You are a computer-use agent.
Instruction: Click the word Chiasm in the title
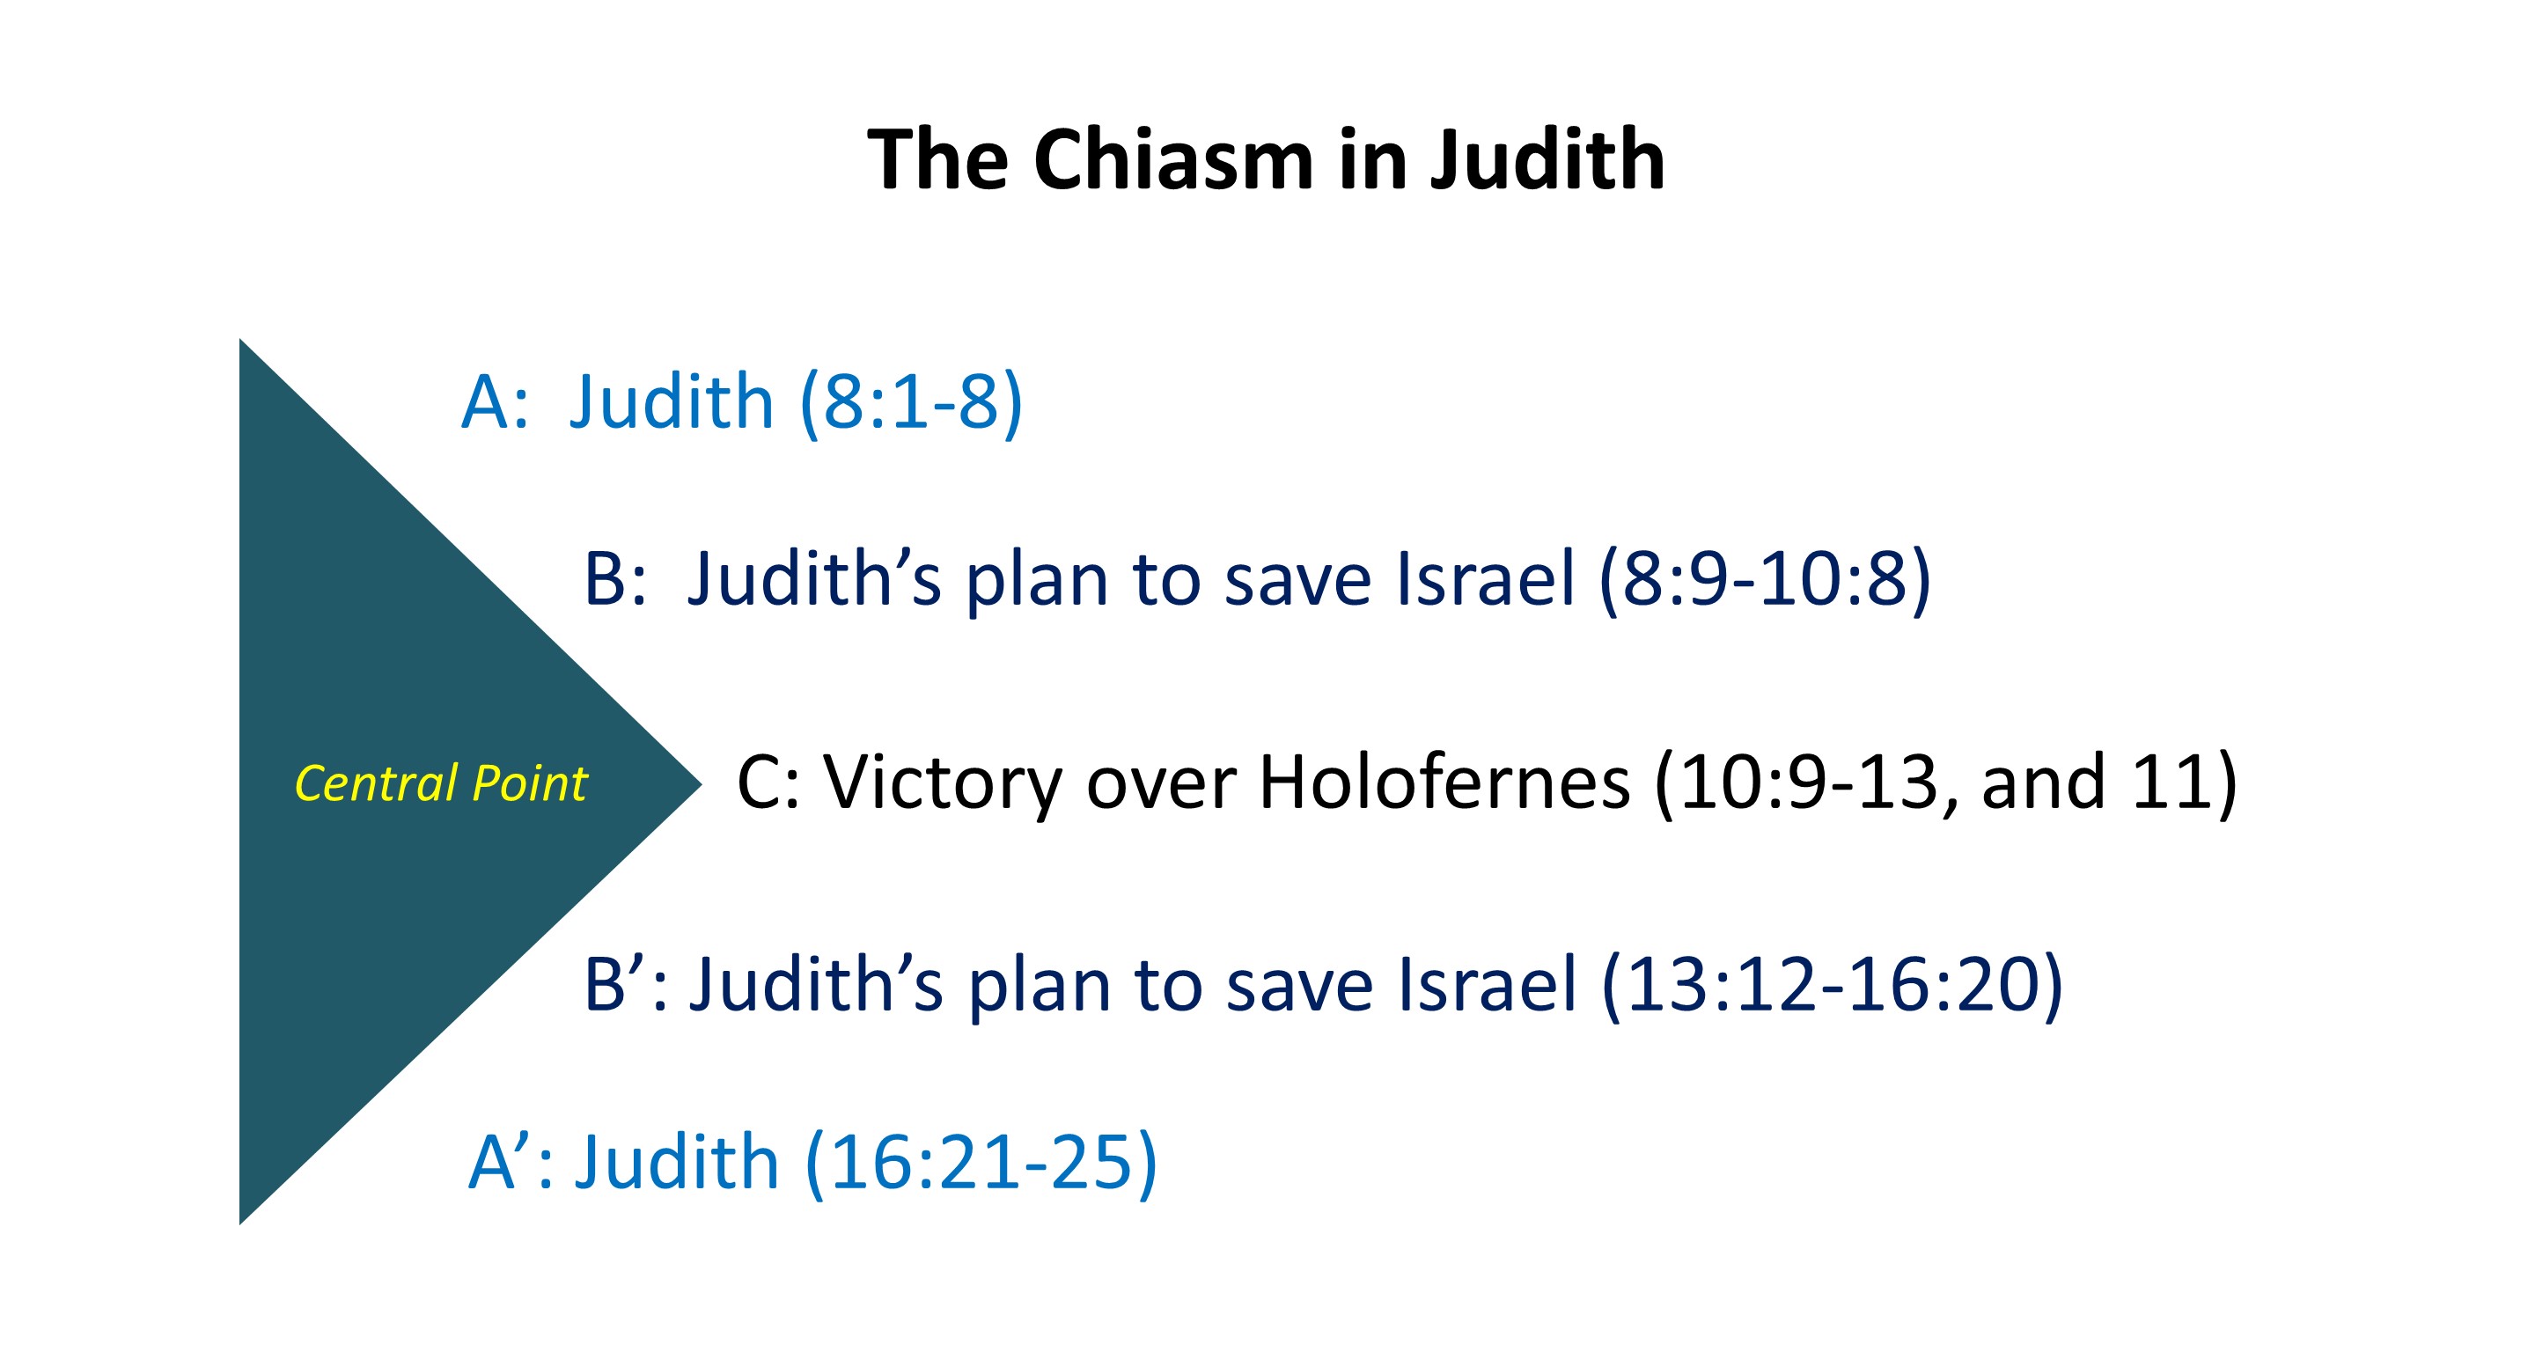click(1174, 159)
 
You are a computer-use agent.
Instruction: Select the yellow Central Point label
click(441, 784)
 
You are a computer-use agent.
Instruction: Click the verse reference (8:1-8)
click(911, 402)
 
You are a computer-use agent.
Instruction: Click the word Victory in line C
click(944, 784)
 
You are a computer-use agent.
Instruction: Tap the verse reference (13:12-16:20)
click(1833, 985)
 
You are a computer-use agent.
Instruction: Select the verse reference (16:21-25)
click(981, 1162)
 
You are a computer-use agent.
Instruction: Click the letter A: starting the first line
click(495, 402)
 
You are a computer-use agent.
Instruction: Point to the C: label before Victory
click(768, 784)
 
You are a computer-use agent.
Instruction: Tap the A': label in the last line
click(511, 1162)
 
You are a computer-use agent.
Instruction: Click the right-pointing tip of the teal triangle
click(702, 784)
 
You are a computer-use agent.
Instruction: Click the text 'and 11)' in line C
click(2109, 784)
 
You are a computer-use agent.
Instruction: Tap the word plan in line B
click(1036, 582)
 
